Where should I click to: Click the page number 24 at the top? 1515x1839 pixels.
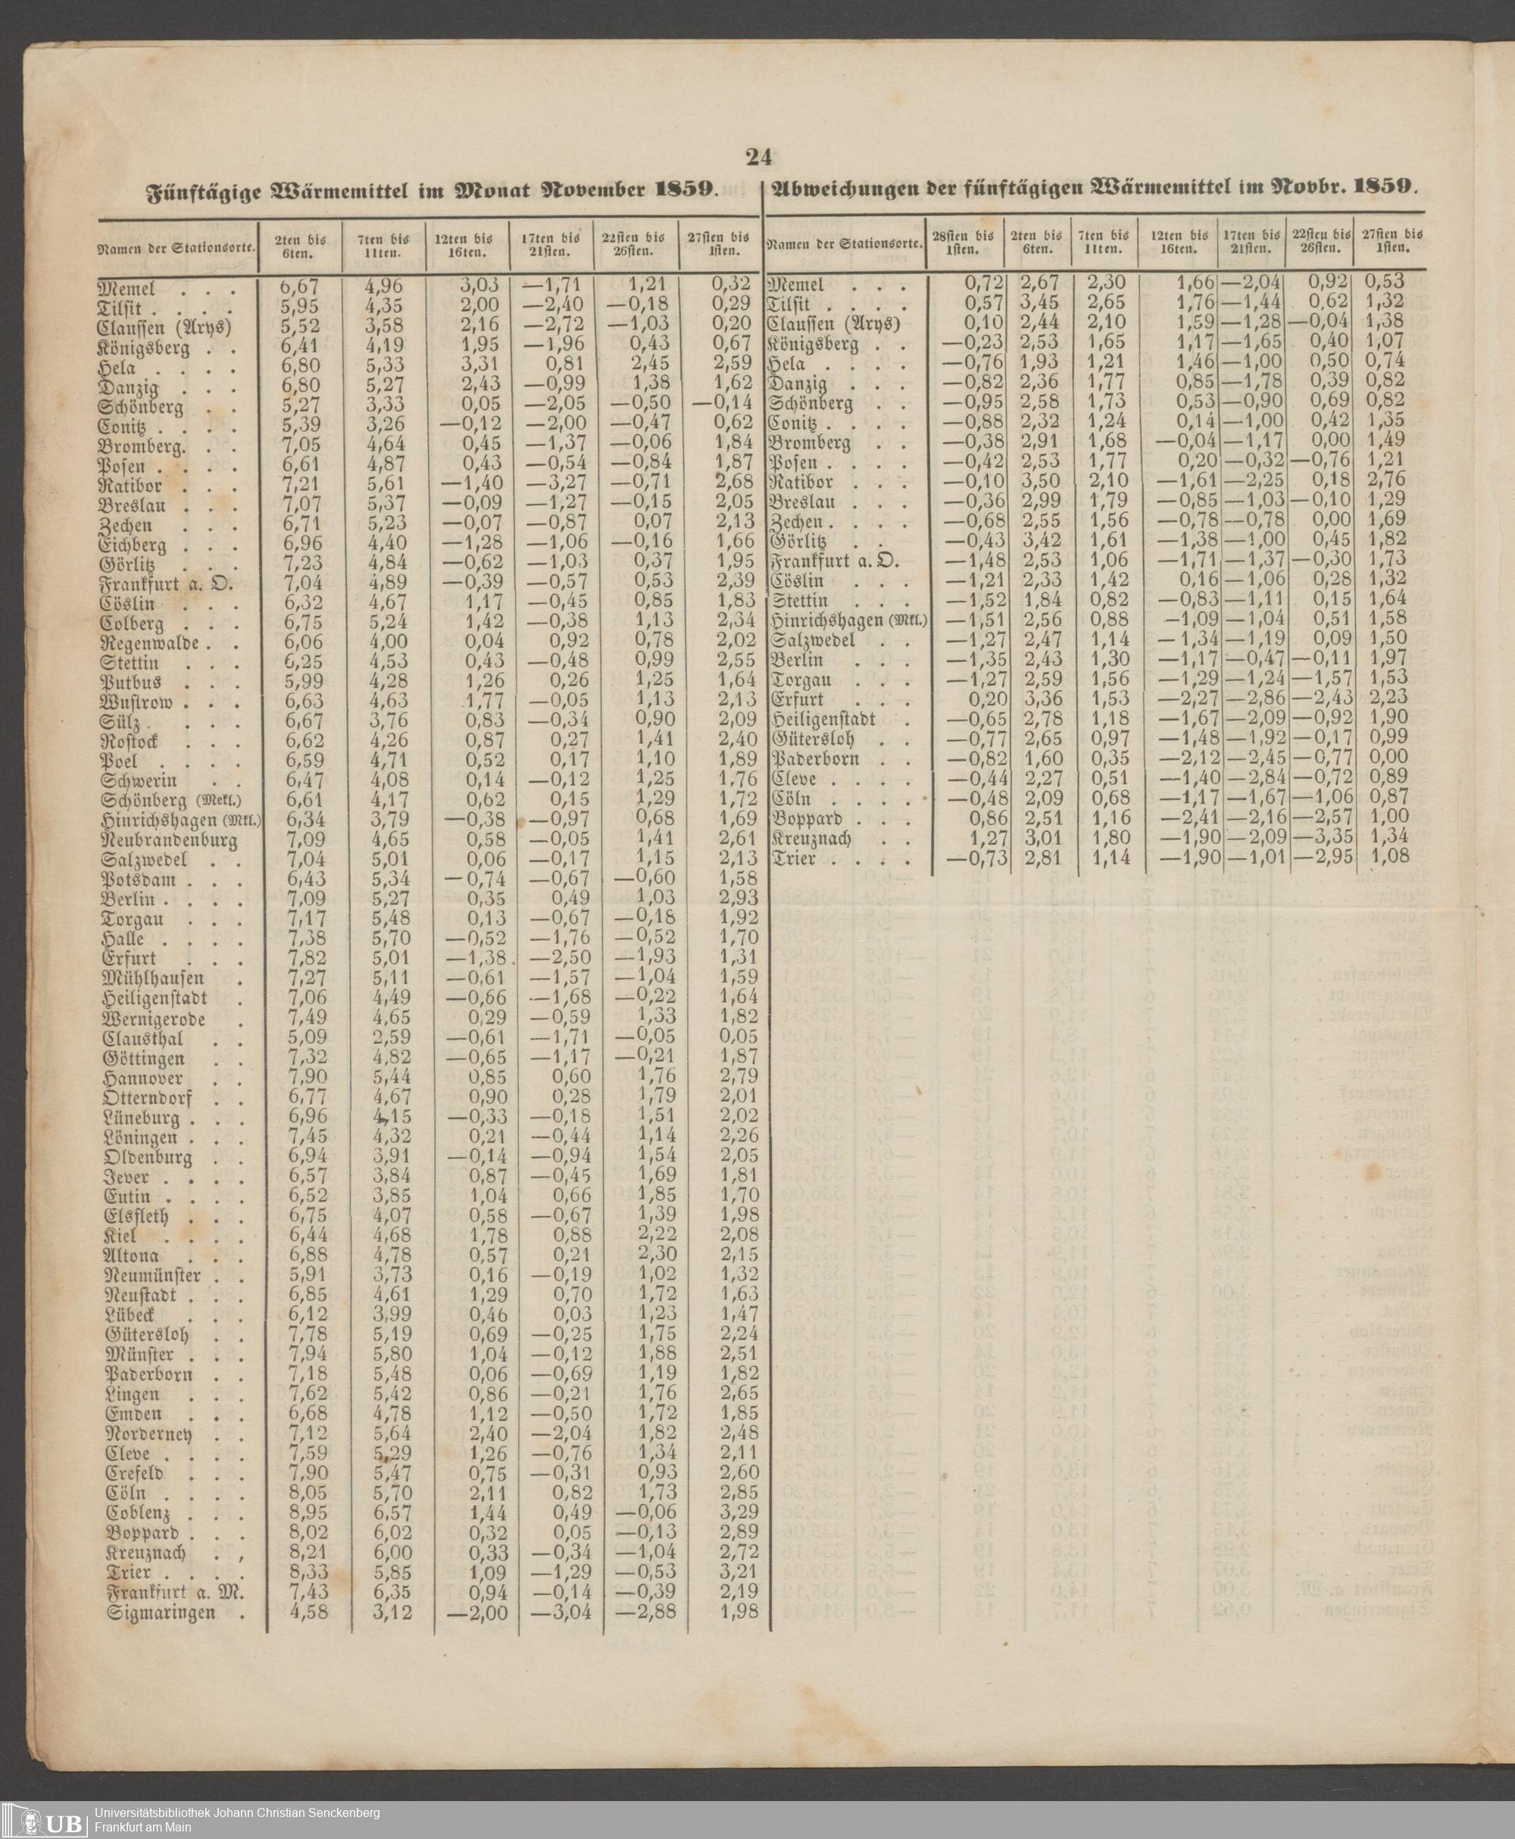(758, 157)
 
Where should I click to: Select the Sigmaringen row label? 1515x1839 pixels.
(161, 1613)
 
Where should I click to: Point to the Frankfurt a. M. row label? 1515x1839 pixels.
(174, 1593)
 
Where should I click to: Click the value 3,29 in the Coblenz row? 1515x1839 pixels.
(739, 1512)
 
